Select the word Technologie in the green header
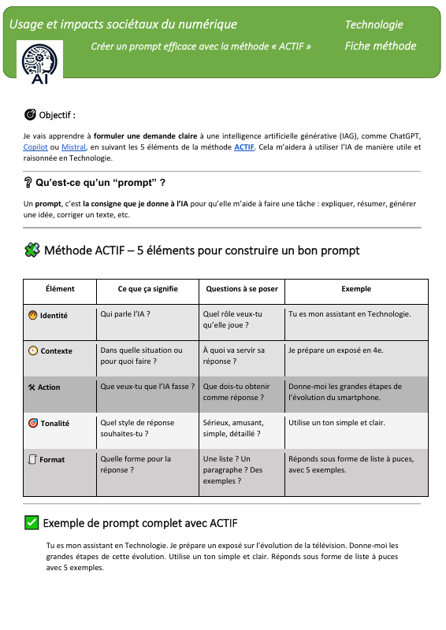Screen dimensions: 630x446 coord(374,25)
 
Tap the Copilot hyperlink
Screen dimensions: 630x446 coord(36,146)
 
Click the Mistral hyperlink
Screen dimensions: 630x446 coord(74,146)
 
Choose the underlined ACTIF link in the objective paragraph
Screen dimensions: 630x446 coord(244,146)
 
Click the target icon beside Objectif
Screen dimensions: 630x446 coord(30,115)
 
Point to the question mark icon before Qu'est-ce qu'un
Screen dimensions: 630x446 coord(28,183)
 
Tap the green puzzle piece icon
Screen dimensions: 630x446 coord(32,250)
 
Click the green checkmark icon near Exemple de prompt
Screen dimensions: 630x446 coord(32,522)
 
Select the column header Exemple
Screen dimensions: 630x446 coord(356,289)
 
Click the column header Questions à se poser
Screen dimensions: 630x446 coord(241,289)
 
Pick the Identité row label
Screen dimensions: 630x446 coord(53,316)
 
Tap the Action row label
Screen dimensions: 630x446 coord(48,387)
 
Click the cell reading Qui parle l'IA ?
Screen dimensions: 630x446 coord(125,314)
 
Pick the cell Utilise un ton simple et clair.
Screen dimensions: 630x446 coord(336,423)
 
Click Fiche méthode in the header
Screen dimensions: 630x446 coord(380,46)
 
